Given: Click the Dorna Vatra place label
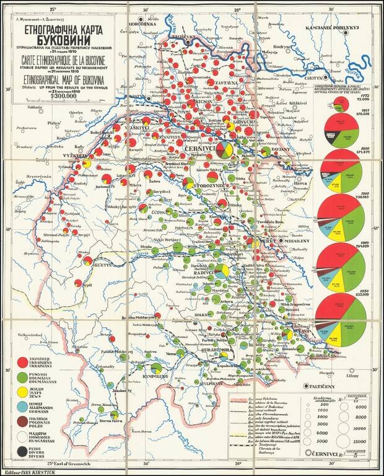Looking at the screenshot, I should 93,421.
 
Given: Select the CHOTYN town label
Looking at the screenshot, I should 311,79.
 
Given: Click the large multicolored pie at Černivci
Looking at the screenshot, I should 223,151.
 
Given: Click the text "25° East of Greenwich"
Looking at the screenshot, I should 71,462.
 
